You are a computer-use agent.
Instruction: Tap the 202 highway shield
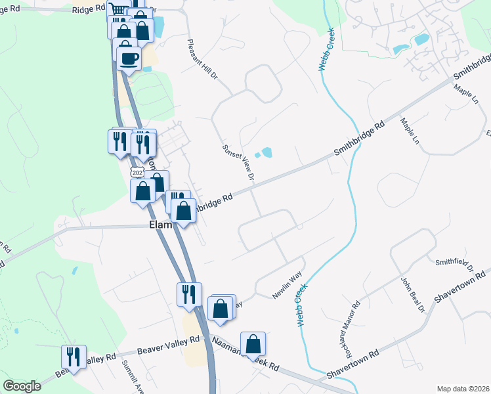click(137, 172)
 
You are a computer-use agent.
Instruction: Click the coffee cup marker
click(129, 58)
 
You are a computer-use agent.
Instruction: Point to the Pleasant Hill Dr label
click(202, 59)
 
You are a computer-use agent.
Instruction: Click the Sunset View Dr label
click(238, 162)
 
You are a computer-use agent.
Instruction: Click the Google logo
click(22, 386)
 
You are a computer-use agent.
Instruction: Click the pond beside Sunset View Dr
click(266, 153)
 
